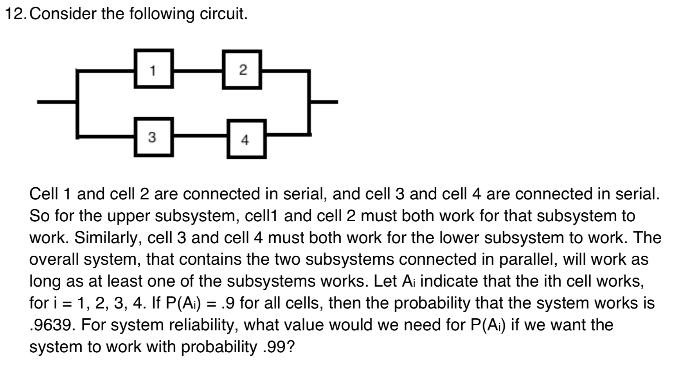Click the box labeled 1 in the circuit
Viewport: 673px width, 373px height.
pos(153,69)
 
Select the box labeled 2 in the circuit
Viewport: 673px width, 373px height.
pos(242,70)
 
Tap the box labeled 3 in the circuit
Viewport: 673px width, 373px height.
pos(153,137)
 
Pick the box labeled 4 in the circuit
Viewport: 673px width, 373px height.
pos(246,139)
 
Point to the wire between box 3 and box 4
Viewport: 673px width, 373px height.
pos(200,136)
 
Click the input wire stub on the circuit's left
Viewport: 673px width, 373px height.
pos(57,102)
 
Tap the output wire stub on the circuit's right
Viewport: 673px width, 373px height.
pos(324,102)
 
